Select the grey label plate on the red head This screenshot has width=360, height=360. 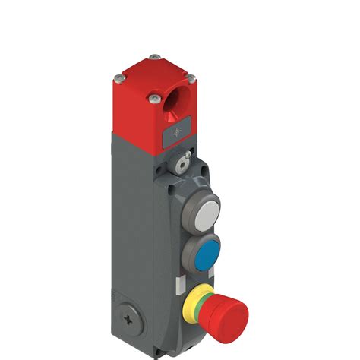pyautogui.click(x=179, y=135)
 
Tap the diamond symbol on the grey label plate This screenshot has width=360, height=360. pyautogui.click(x=179, y=135)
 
